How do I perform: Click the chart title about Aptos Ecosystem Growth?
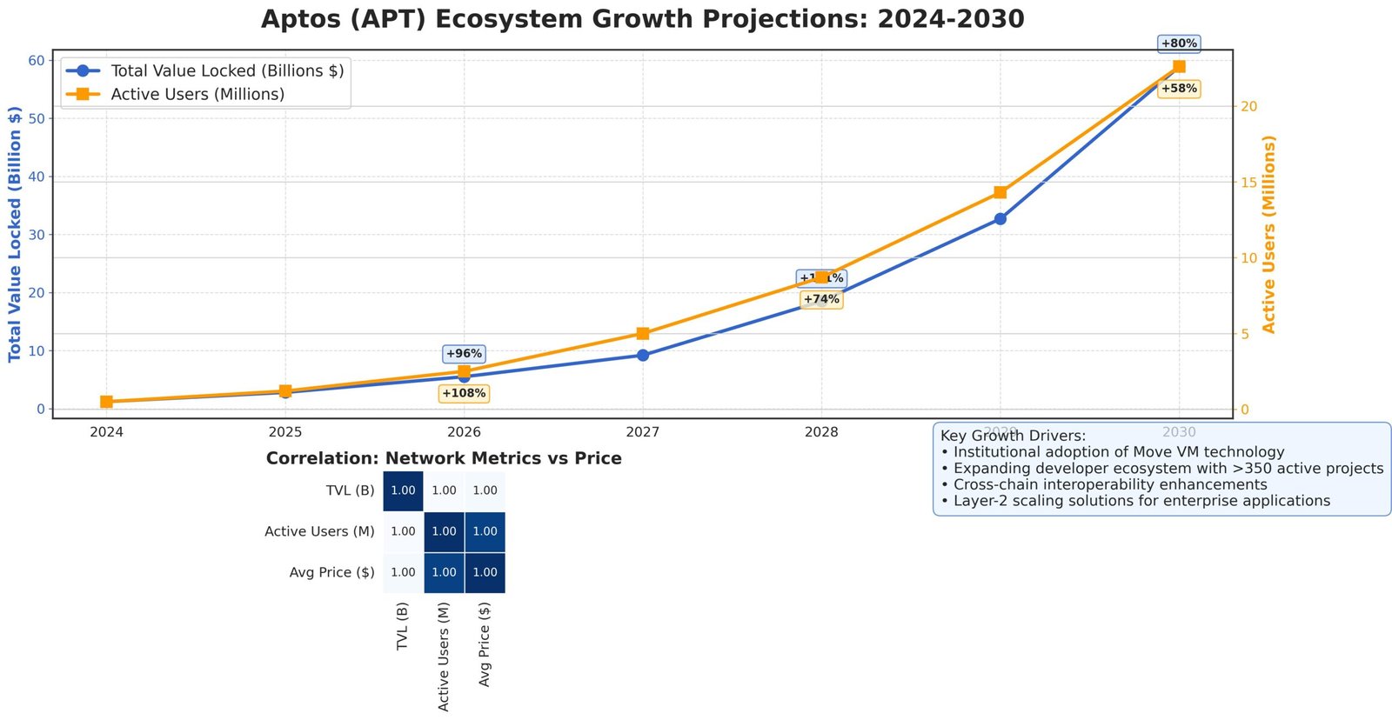[642, 19]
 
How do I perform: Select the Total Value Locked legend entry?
[226, 70]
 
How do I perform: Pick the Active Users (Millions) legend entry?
[197, 94]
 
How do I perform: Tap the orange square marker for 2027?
[642, 334]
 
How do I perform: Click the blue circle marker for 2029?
[1000, 219]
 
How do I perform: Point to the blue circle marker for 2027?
[642, 355]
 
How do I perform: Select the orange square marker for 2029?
[1000, 192]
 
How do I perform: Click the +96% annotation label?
[464, 354]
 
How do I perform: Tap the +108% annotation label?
[464, 394]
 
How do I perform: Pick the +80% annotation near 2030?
[1179, 43]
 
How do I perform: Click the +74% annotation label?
[821, 299]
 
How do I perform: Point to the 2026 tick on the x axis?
[464, 432]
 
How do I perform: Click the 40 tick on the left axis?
[36, 177]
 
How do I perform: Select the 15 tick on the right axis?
[1249, 182]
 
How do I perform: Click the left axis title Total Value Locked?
[15, 233]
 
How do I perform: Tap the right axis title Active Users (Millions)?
[1268, 233]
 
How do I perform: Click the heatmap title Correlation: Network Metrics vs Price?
[444, 458]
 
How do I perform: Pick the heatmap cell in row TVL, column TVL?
[403, 490]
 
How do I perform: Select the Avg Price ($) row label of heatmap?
[331, 572]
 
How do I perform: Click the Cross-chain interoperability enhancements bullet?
[1109, 484]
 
